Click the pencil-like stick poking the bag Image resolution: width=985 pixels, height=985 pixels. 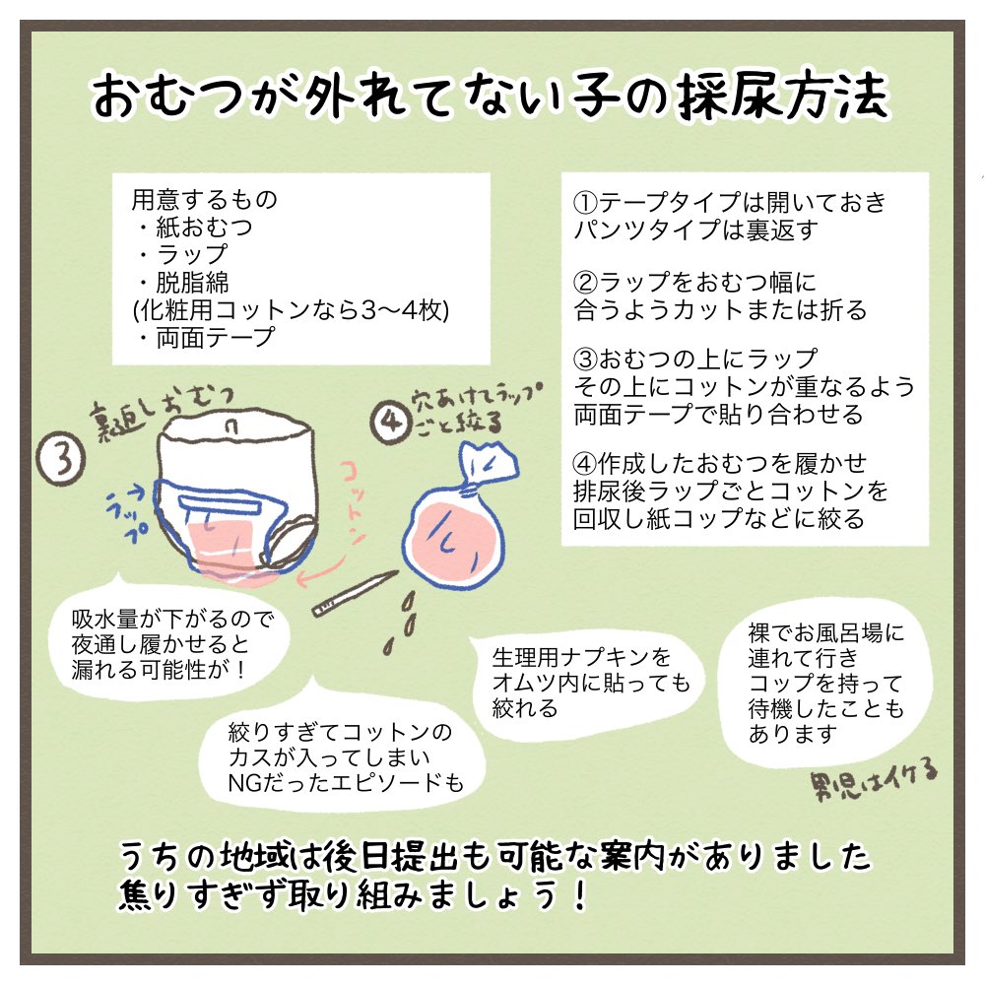[355, 593]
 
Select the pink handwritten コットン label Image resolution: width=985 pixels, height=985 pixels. [354, 501]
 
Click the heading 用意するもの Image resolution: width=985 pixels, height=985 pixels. [204, 200]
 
